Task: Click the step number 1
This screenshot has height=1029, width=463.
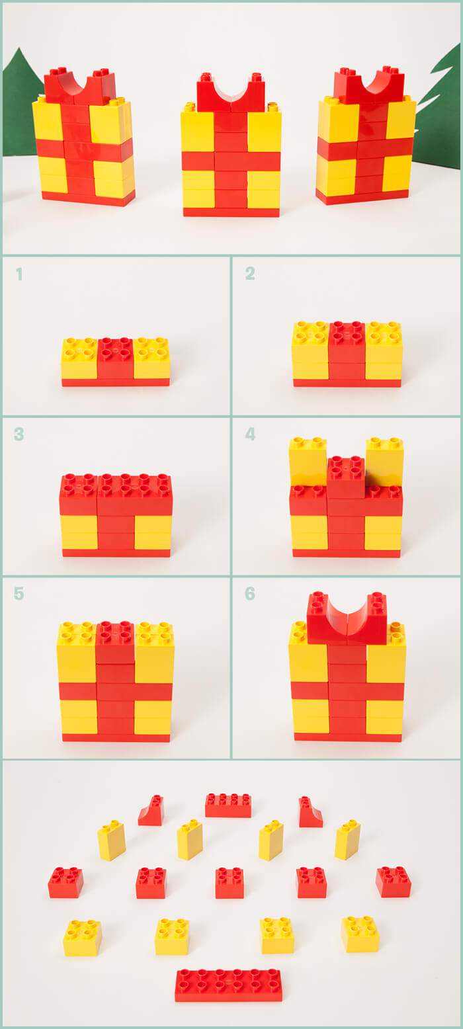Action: (x=19, y=274)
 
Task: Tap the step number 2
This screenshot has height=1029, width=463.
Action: (x=250, y=273)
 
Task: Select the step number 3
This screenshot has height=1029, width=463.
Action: (x=19, y=434)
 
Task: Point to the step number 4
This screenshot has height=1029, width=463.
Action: (x=250, y=434)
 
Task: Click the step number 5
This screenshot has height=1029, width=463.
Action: (x=19, y=593)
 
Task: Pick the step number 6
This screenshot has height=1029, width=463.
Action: (x=250, y=593)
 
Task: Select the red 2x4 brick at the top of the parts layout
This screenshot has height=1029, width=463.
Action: (x=228, y=805)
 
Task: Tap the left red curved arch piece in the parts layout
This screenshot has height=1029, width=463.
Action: (x=151, y=811)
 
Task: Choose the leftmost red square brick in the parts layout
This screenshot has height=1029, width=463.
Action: (x=65, y=882)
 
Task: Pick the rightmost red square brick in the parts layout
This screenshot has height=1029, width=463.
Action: (x=393, y=882)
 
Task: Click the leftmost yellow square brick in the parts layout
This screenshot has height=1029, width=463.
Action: (x=82, y=938)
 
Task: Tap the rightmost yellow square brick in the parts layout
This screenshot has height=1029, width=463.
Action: (x=360, y=934)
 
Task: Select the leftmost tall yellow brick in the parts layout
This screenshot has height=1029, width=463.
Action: (x=112, y=840)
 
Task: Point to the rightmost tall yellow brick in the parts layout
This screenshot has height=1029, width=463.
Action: (x=347, y=839)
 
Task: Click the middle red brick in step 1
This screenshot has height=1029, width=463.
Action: (x=115, y=358)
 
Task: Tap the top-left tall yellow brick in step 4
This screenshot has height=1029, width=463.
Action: (x=308, y=461)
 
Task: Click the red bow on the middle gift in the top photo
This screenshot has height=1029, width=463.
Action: (x=231, y=93)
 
